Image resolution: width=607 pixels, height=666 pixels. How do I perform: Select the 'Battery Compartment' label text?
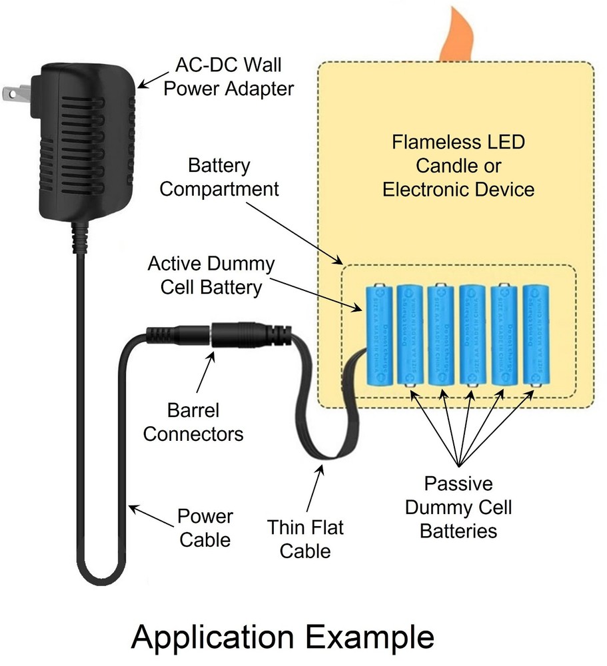click(220, 176)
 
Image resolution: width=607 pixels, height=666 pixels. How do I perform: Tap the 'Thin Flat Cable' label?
click(306, 539)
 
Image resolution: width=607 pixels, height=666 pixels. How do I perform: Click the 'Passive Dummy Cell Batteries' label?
click(458, 507)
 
